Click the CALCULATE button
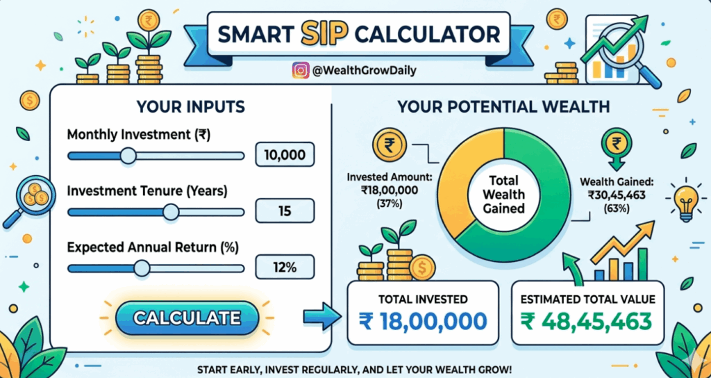[x=187, y=318]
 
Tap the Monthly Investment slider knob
[x=127, y=156]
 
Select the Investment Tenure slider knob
[x=170, y=212]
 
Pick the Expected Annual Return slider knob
[x=141, y=268]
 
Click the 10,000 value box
[x=285, y=155]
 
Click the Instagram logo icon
[x=301, y=70]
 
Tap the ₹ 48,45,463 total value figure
[x=587, y=321]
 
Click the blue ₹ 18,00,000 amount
[x=423, y=321]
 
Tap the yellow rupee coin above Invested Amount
[x=388, y=145]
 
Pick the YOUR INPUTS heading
[x=190, y=107]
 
